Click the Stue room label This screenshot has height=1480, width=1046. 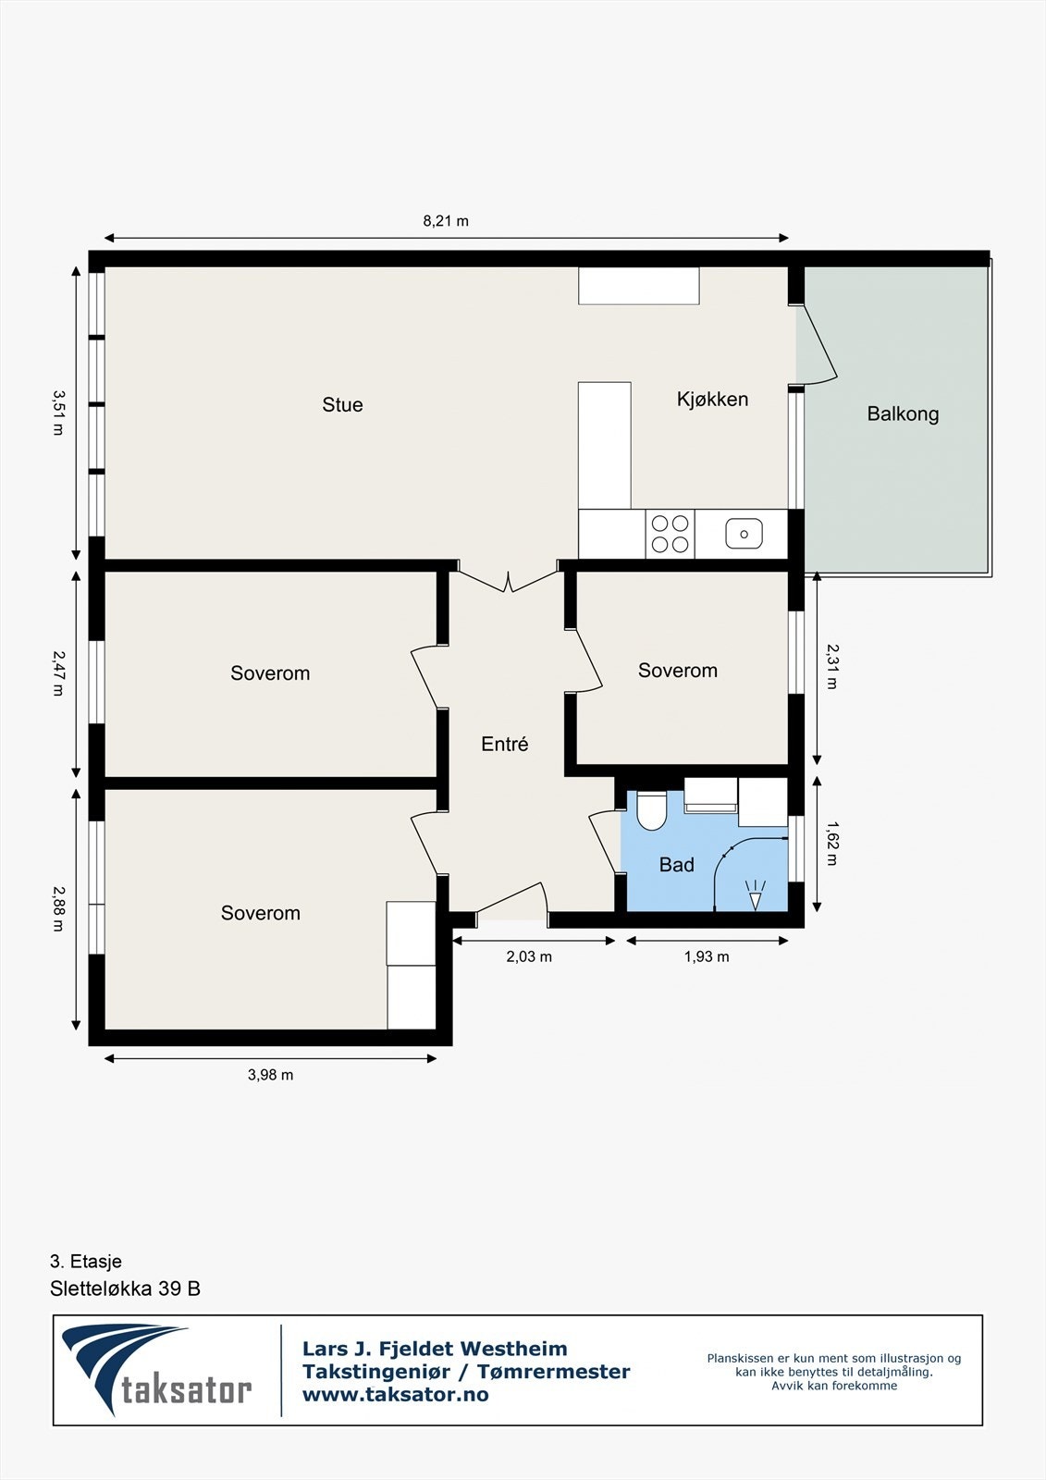coord(342,405)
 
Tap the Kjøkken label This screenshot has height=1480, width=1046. coord(712,400)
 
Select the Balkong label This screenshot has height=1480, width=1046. coord(903,414)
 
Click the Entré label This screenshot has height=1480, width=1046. coord(505,745)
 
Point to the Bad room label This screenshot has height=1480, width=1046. coord(676,865)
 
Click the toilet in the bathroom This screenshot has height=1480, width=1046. coord(651,811)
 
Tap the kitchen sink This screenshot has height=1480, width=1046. coord(744,534)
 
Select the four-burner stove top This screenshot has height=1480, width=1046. coord(671,534)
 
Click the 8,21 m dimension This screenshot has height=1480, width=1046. coord(446,221)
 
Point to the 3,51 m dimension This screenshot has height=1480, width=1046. coord(57,412)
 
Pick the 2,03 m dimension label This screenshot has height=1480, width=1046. coord(529,956)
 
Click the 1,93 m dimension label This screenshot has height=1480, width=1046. coord(707,956)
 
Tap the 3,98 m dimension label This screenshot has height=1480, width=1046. coord(270,1075)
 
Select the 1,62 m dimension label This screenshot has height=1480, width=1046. coord(831,844)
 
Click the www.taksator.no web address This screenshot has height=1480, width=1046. coord(396,1395)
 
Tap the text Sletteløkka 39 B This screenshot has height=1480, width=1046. coord(125,1289)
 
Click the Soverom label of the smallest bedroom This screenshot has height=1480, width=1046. coord(677,671)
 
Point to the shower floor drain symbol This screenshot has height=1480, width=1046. coord(756,894)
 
